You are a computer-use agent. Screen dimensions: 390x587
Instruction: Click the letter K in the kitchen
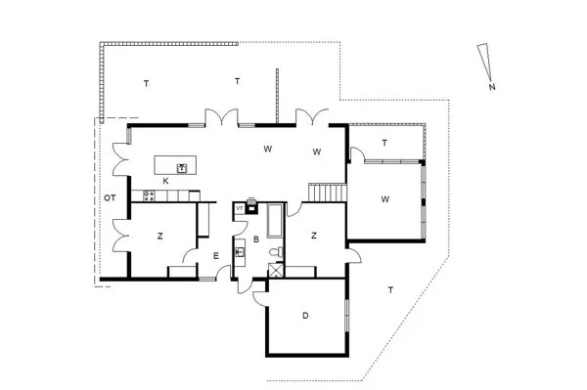[165, 182]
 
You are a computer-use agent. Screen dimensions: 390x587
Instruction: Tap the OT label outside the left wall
[110, 198]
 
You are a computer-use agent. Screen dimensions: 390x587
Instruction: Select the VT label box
[239, 207]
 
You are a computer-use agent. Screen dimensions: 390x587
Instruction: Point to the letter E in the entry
[215, 256]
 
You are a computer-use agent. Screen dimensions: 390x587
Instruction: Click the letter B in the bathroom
[255, 238]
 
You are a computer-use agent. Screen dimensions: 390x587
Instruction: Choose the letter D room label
[305, 316]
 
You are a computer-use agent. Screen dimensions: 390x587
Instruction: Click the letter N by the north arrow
[491, 87]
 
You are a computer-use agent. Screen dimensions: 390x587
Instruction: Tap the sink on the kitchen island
[181, 168]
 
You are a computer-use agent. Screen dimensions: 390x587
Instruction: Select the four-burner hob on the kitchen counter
[150, 195]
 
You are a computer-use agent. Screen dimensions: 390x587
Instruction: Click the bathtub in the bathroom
[273, 222]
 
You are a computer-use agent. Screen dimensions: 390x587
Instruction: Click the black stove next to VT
[251, 207]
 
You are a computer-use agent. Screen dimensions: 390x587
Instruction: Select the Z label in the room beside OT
[159, 236]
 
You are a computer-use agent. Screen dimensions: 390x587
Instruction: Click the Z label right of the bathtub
[314, 236]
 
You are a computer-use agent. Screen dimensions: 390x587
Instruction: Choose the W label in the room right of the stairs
[385, 199]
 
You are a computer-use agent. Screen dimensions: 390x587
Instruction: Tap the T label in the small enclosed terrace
[384, 143]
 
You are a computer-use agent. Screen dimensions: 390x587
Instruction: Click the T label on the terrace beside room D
[390, 290]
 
